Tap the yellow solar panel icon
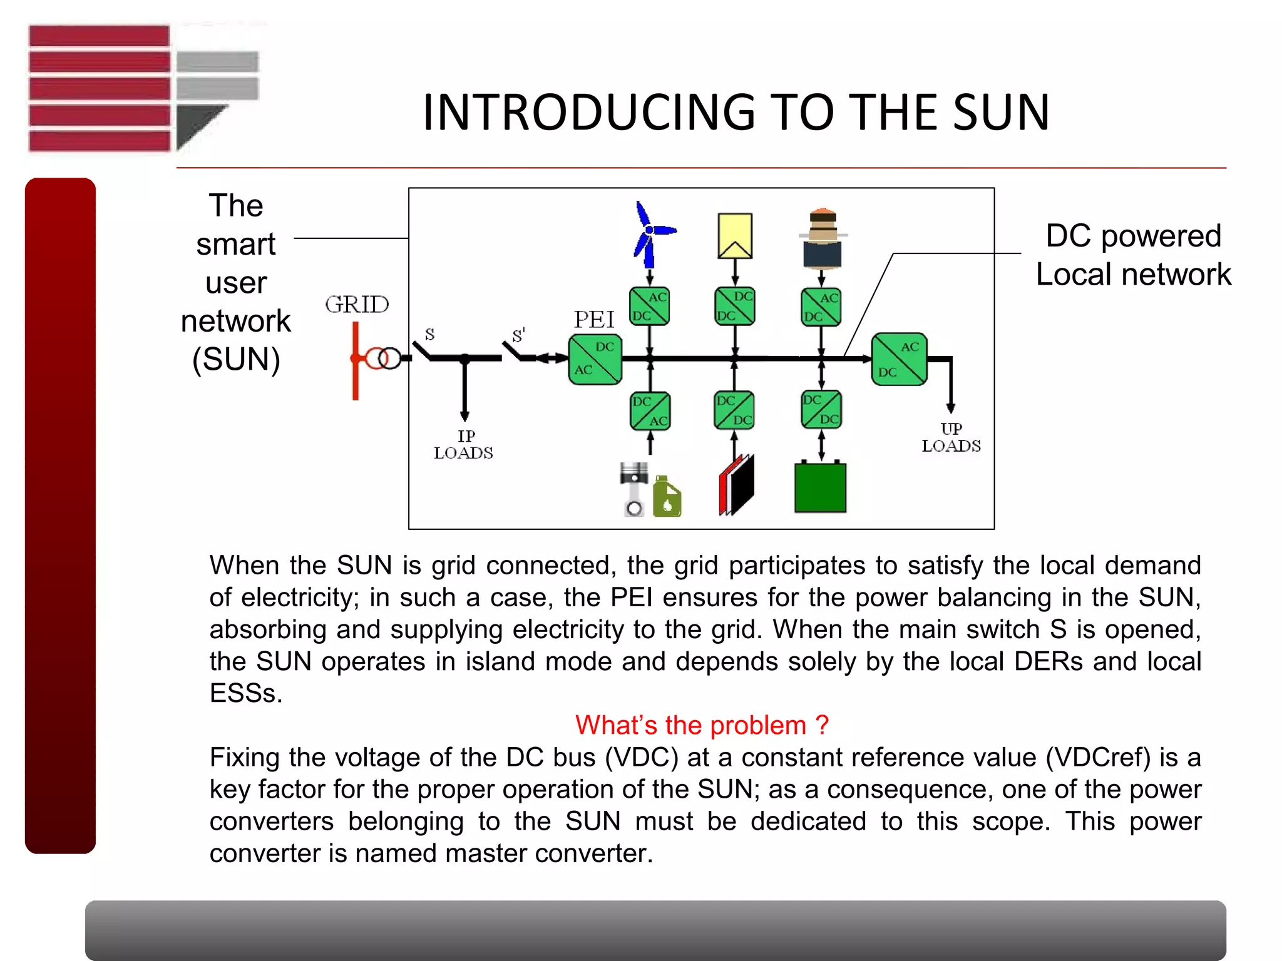[x=735, y=236]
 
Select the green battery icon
[x=820, y=487]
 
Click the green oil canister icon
[x=667, y=498]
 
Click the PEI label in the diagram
[x=594, y=320]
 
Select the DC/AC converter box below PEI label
[x=595, y=360]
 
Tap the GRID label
[x=357, y=305]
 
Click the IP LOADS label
[x=464, y=444]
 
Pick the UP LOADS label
[x=951, y=437]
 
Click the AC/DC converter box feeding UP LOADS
[x=899, y=359]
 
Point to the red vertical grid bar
[x=356, y=361]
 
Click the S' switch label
[x=518, y=335]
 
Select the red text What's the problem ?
[x=702, y=725]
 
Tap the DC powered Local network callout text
[x=1133, y=255]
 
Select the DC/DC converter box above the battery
[x=821, y=410]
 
